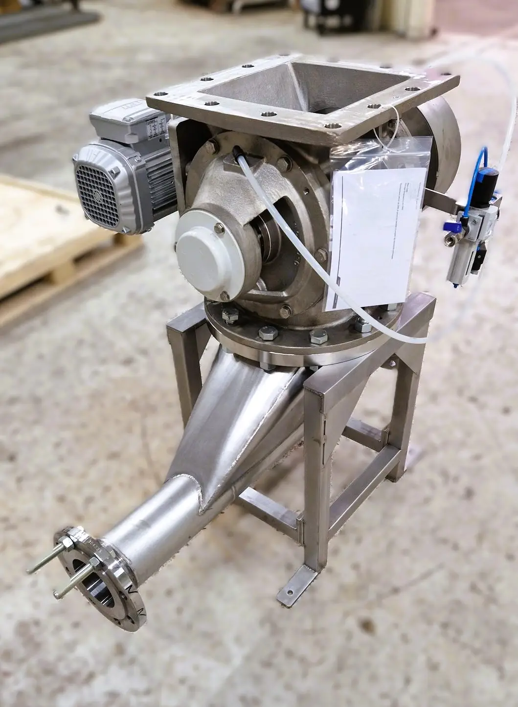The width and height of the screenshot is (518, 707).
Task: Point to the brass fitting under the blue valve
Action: (x=449, y=240)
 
